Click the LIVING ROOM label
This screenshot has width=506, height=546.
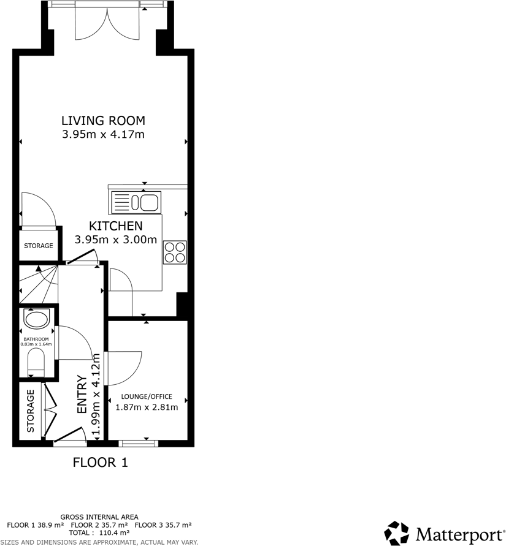[103, 120]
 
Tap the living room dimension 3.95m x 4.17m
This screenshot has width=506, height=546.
[103, 134]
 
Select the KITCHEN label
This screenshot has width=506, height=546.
[116, 226]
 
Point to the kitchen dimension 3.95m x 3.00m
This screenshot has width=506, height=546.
[116, 240]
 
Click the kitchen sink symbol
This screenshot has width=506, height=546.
[136, 202]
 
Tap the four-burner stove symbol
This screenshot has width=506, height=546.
[175, 252]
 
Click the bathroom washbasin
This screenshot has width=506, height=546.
[36, 320]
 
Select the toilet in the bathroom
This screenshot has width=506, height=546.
[36, 363]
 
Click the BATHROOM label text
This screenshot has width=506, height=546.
[36, 339]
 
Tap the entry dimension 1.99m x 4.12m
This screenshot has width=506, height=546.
[96, 394]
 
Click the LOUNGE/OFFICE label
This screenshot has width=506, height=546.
[147, 396]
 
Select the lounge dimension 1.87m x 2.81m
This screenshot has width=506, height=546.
[147, 408]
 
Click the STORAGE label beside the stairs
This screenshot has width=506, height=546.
[39, 246]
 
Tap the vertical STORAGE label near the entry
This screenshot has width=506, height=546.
[31, 410]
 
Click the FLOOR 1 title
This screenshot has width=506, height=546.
[101, 463]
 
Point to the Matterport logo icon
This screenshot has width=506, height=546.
[396, 533]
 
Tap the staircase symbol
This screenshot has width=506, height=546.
[38, 285]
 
